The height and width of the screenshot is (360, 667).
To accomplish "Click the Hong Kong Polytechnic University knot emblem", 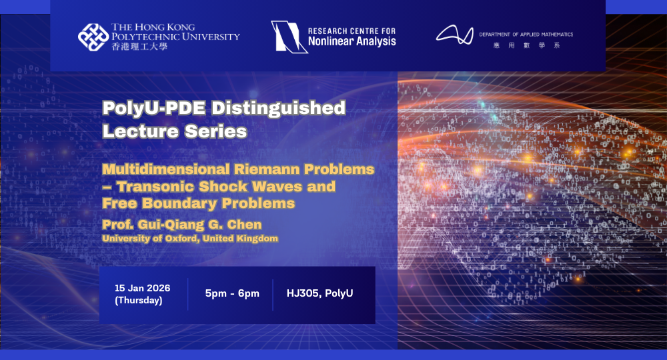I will tap(93, 37).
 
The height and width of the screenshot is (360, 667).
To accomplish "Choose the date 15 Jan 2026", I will tap(142, 288).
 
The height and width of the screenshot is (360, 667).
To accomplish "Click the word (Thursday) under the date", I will tap(138, 300).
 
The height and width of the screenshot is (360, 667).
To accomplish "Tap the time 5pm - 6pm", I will tap(232, 293).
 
